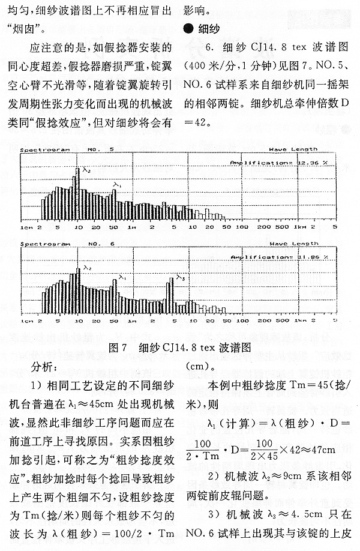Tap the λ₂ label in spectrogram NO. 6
click(88, 268)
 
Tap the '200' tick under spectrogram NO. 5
click(280, 228)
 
